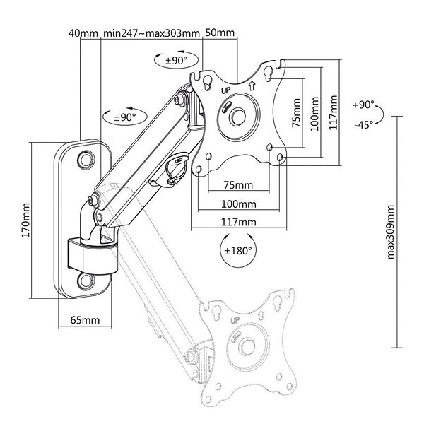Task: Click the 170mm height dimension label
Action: (x=25, y=220)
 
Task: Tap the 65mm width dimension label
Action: (x=85, y=320)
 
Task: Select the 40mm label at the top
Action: (x=83, y=33)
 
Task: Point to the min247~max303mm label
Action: (x=151, y=33)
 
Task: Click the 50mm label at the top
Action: (x=220, y=33)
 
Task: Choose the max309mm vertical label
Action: (x=391, y=232)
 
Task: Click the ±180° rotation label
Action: (x=238, y=251)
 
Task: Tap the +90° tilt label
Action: (x=364, y=105)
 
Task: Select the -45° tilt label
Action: (x=364, y=124)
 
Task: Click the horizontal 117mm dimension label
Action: (x=239, y=222)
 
